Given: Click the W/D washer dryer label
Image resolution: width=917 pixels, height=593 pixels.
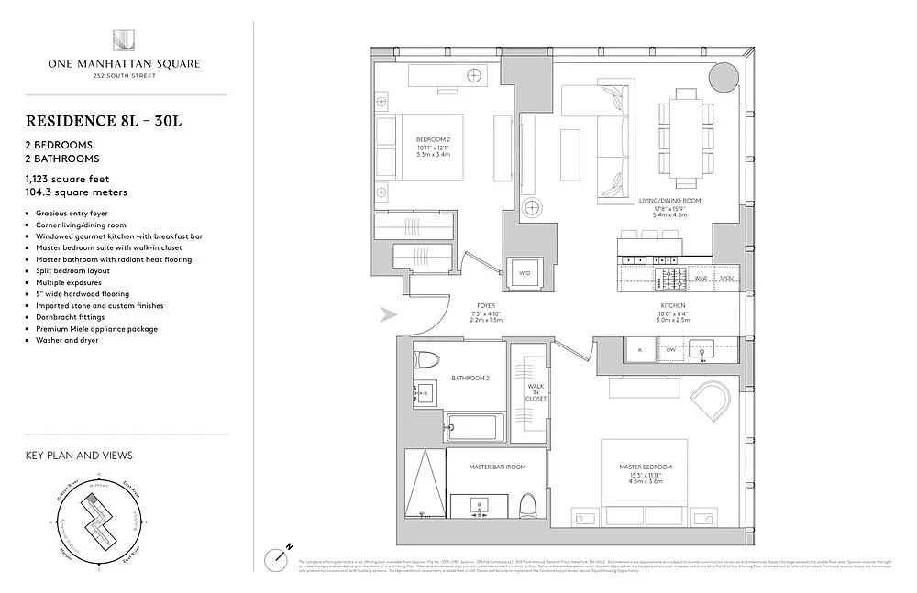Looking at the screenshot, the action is click(525, 273).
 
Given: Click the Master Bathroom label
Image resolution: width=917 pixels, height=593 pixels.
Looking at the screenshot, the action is click(497, 467).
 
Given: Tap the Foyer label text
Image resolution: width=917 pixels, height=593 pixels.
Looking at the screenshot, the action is click(486, 305).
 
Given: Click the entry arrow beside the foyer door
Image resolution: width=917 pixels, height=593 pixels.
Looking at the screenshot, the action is click(389, 315).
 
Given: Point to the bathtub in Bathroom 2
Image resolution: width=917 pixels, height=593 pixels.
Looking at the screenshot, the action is click(475, 423).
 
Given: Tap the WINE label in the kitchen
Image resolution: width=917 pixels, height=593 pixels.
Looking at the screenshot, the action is click(700, 276).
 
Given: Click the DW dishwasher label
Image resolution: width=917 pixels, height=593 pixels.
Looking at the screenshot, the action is click(670, 349).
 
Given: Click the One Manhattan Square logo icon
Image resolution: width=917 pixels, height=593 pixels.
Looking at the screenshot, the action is click(125, 41).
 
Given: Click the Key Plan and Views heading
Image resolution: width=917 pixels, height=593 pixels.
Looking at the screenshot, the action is click(79, 455).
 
